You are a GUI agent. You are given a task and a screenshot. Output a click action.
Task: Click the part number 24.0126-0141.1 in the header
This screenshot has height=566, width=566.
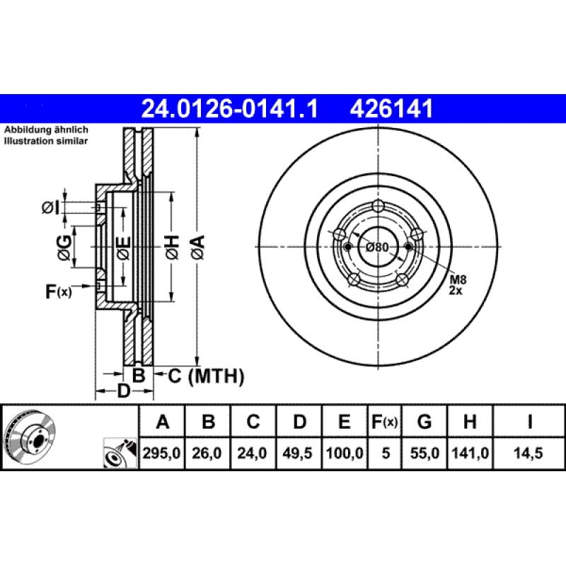tap(230, 109)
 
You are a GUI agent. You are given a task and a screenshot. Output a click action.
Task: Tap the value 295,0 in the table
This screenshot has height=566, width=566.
tap(163, 454)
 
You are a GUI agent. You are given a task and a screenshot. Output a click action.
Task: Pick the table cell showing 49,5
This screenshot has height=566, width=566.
tap(299, 454)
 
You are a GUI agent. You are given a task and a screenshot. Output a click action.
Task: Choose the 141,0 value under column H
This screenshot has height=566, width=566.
tap(469, 454)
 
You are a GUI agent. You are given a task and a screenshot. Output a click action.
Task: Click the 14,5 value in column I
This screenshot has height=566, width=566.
tap(529, 454)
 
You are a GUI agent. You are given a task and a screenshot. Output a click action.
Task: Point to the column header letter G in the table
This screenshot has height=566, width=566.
tap(424, 422)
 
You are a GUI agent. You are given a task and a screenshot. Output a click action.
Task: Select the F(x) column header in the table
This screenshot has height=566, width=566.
tap(385, 422)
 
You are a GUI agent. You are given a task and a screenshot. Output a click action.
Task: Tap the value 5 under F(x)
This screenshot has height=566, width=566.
tap(385, 454)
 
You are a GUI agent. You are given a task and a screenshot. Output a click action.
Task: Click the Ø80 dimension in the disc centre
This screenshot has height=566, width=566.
tap(378, 247)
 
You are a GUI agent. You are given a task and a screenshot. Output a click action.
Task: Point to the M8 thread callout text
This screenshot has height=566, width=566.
tap(458, 280)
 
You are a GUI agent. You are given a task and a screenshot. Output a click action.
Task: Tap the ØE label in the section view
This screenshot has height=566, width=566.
tap(122, 247)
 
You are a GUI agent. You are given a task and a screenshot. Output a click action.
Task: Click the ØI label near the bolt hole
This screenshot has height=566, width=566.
tap(51, 207)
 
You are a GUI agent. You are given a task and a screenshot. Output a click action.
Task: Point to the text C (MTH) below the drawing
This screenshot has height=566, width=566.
tap(205, 376)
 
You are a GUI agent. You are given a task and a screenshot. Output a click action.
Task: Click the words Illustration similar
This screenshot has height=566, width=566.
tap(46, 141)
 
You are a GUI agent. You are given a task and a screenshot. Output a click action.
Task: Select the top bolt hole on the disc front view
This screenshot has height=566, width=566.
tap(378, 206)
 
